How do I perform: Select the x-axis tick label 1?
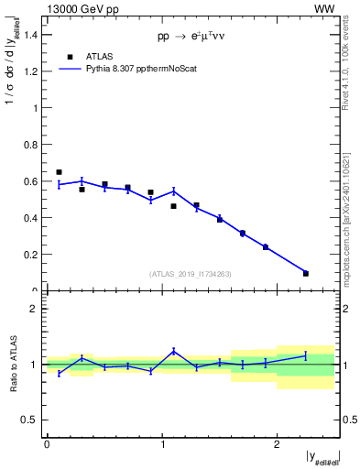click(162, 444)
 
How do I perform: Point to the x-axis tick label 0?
click(47, 444)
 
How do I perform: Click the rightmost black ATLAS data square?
click(306, 273)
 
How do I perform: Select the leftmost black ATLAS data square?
click(59, 172)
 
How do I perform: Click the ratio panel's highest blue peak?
click(174, 350)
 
